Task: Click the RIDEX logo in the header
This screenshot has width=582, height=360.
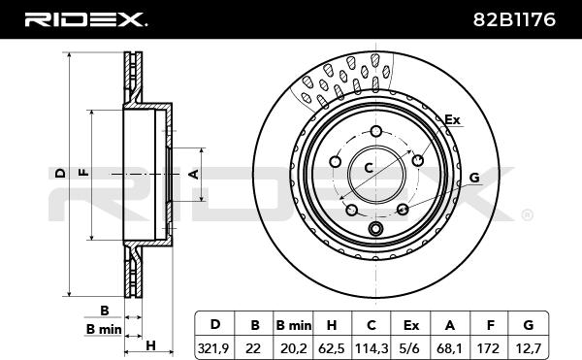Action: (x=85, y=19)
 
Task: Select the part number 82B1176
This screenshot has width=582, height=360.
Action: (x=514, y=19)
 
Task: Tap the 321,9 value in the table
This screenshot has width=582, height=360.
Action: (x=213, y=348)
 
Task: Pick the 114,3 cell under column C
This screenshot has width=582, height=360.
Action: (x=372, y=348)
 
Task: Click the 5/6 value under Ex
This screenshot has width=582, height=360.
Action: (x=411, y=348)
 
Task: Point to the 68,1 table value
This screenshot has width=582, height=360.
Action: (x=449, y=348)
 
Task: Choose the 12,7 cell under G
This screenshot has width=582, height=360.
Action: (x=529, y=348)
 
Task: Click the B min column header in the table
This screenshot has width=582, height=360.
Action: (x=294, y=325)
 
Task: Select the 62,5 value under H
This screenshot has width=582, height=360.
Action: (x=332, y=348)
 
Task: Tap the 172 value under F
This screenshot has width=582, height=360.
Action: (x=490, y=348)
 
